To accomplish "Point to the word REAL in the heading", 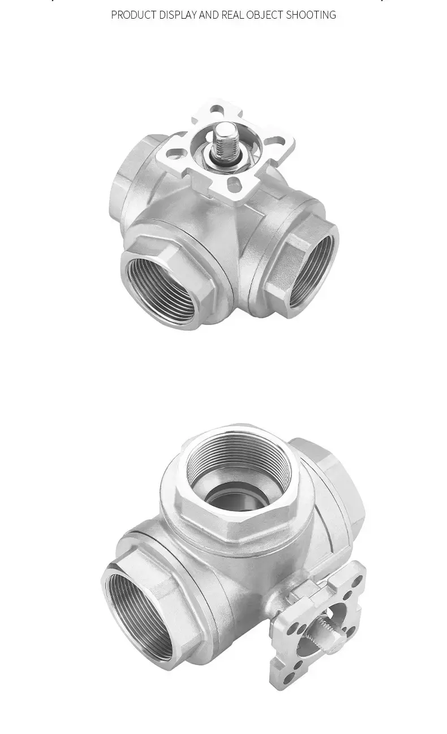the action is tap(233, 15).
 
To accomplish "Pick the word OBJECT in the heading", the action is tap(265, 15).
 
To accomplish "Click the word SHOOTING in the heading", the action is tap(311, 15).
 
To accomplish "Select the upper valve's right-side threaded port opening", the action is tap(310, 270).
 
